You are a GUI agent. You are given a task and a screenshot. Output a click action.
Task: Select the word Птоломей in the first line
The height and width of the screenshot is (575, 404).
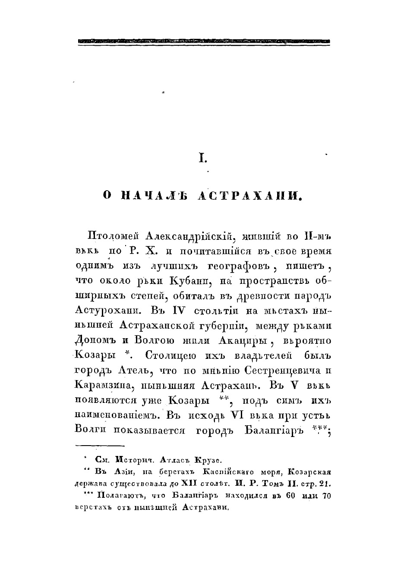114,236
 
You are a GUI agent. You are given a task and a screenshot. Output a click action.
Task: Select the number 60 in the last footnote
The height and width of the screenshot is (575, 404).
290,496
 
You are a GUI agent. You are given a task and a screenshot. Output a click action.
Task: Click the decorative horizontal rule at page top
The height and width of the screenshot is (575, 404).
204,41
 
